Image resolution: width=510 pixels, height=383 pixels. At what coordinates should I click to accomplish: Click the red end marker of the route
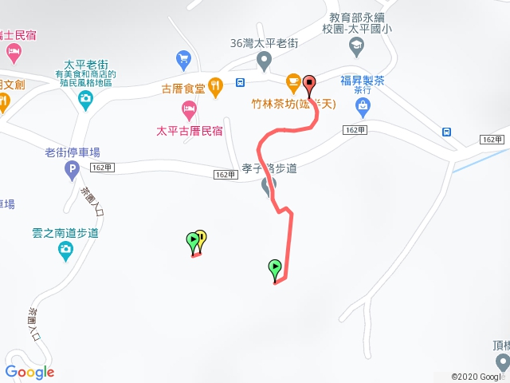(308, 81)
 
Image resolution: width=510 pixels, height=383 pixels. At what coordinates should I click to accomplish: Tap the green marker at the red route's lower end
(275, 267)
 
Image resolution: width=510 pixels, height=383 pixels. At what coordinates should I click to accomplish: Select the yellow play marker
(201, 237)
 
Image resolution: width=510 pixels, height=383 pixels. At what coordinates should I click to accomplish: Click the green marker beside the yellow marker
(192, 239)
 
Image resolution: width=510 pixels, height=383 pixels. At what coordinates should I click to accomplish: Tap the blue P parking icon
(73, 169)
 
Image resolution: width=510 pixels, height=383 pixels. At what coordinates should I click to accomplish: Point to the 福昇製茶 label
(362, 81)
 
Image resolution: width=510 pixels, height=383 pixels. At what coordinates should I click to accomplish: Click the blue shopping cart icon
(184, 58)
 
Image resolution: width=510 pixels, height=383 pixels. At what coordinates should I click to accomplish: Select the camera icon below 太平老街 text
(85, 98)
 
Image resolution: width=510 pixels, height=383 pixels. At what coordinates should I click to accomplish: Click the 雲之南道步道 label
(65, 233)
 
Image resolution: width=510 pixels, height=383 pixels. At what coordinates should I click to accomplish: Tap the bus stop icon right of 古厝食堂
(240, 82)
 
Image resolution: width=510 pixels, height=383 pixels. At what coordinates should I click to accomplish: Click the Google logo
(29, 372)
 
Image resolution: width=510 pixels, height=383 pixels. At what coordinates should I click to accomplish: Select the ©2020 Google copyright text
(477, 377)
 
